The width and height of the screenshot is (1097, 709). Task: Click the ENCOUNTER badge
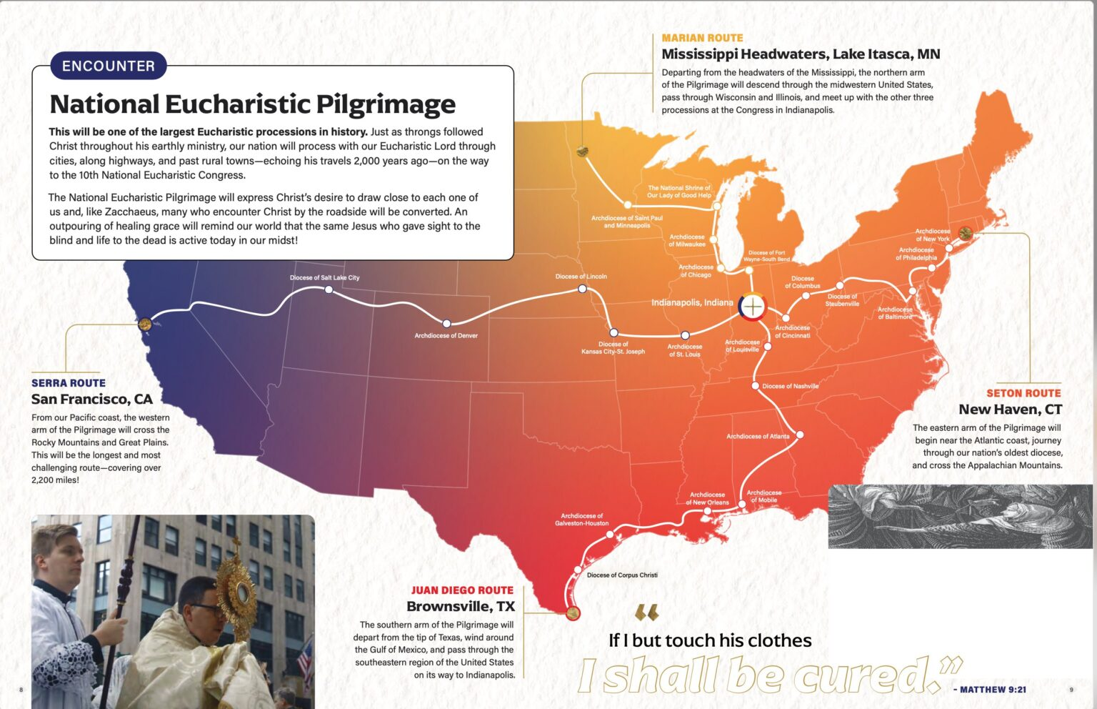pyautogui.click(x=108, y=66)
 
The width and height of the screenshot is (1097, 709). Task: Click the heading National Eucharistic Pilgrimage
pyautogui.click(x=252, y=104)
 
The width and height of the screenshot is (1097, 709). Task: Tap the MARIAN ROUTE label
pyautogui.click(x=702, y=38)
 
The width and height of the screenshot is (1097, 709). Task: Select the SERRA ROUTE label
pyautogui.click(x=69, y=383)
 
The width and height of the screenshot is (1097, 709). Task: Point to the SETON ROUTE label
pyautogui.click(x=1023, y=393)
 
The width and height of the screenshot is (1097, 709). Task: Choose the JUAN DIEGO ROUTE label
pyautogui.click(x=462, y=590)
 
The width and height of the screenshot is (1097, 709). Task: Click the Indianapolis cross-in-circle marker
pyautogui.click(x=752, y=306)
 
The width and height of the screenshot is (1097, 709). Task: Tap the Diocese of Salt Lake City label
pyautogui.click(x=324, y=277)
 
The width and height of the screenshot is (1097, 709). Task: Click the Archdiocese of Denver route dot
pyautogui.click(x=446, y=324)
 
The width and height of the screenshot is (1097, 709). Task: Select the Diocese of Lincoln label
pyautogui.click(x=581, y=277)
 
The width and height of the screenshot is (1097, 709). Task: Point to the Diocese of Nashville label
pyautogui.click(x=790, y=386)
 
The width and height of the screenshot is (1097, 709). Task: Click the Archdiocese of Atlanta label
pyautogui.click(x=758, y=436)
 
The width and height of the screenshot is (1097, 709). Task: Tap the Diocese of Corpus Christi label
pyautogui.click(x=622, y=575)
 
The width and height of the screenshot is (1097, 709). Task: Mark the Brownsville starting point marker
pyautogui.click(x=572, y=613)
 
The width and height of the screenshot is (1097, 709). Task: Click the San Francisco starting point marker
pyautogui.click(x=145, y=324)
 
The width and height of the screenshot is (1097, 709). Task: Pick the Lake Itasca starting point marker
pyautogui.click(x=583, y=151)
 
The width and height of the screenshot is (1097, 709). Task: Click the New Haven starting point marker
pyautogui.click(x=966, y=233)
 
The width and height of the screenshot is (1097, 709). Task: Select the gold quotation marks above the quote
pyautogui.click(x=646, y=613)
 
